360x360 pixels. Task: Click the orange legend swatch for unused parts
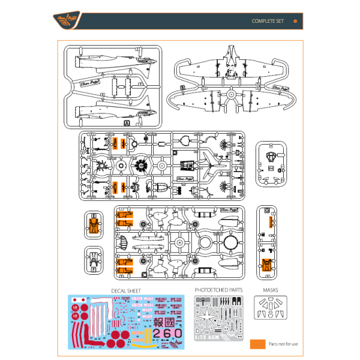coord(257,344)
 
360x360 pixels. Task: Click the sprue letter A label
coord(126,123)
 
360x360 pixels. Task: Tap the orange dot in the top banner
coord(295,21)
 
